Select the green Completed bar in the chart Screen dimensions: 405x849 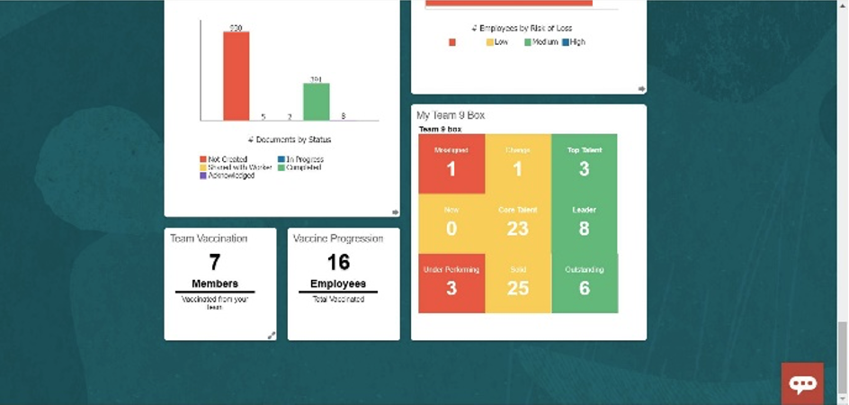click(315, 102)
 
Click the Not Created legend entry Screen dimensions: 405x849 click(225, 158)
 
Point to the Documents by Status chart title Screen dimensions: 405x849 click(289, 139)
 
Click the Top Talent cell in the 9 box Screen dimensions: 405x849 click(584, 163)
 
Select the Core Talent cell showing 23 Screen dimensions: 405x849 click(517, 222)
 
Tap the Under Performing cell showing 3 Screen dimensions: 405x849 click(451, 282)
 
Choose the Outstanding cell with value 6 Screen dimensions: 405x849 click(584, 282)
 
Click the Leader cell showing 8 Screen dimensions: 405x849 click(584, 222)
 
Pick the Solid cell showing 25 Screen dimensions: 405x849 click(517, 282)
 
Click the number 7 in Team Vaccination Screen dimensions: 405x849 click(214, 262)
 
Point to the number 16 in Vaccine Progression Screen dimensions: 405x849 click(338, 262)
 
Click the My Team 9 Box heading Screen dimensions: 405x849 click(451, 115)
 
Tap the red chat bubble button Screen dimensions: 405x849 click(802, 383)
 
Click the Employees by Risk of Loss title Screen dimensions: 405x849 click(528, 28)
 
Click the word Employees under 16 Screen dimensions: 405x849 click(338, 283)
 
